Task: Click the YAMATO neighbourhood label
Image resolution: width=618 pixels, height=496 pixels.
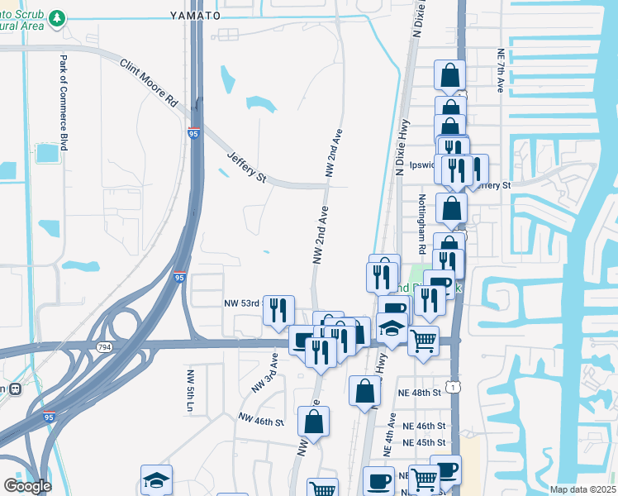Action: [x=195, y=15]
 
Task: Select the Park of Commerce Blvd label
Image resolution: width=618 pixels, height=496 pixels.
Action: [x=63, y=103]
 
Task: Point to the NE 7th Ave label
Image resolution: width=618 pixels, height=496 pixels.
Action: [x=501, y=69]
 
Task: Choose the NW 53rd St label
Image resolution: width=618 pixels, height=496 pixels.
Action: [x=243, y=303]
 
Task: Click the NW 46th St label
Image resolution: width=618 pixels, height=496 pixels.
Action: [x=260, y=422]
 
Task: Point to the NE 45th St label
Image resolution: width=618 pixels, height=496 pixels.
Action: [x=424, y=442]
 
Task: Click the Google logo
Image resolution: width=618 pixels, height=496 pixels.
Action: [x=27, y=486]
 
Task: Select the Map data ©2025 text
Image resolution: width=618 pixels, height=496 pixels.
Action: [x=582, y=489]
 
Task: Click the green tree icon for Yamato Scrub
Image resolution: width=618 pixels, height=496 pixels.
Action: [x=57, y=17]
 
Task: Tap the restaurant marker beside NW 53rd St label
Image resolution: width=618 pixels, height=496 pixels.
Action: [x=278, y=310]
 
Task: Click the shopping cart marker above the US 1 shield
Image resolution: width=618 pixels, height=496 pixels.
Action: [x=423, y=340]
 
